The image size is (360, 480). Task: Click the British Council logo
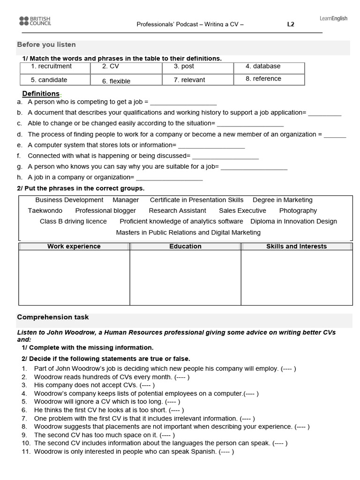pyautogui.click(x=35, y=21)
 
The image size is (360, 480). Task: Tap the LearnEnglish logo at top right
pyautogui.click(x=333, y=19)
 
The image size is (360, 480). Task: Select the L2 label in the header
pyautogui.click(x=291, y=25)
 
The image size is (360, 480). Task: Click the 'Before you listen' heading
pyautogui.click(x=46, y=45)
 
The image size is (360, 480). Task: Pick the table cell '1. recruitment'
pyautogui.click(x=51, y=67)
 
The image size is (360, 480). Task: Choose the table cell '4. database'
pyautogui.click(x=263, y=67)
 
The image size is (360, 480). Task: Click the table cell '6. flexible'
pyautogui.click(x=116, y=81)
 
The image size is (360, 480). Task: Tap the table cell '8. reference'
pyautogui.click(x=263, y=79)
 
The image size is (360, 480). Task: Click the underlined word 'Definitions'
pyautogui.click(x=41, y=94)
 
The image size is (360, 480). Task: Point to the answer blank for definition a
pyautogui.click(x=183, y=102)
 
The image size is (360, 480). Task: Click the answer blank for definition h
pyautogui.click(x=169, y=178)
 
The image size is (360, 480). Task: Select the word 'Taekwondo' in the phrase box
pyautogui.click(x=45, y=211)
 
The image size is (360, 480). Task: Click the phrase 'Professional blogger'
pyautogui.click(x=105, y=211)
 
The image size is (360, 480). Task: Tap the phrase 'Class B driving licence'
pyautogui.click(x=73, y=222)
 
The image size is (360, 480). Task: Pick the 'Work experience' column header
pyautogui.click(x=74, y=247)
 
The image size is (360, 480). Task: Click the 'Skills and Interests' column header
pyautogui.click(x=296, y=247)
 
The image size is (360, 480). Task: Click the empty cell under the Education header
pyautogui.click(x=185, y=277)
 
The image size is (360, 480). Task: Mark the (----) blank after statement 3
pyautogui.click(x=147, y=385)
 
